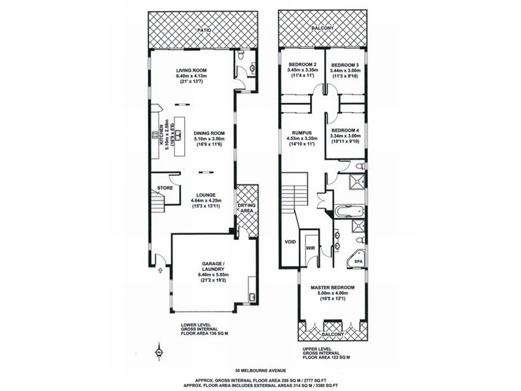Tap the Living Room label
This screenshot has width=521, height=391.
191,71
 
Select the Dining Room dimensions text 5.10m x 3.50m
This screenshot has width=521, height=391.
200,139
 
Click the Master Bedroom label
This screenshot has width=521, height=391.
332,287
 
